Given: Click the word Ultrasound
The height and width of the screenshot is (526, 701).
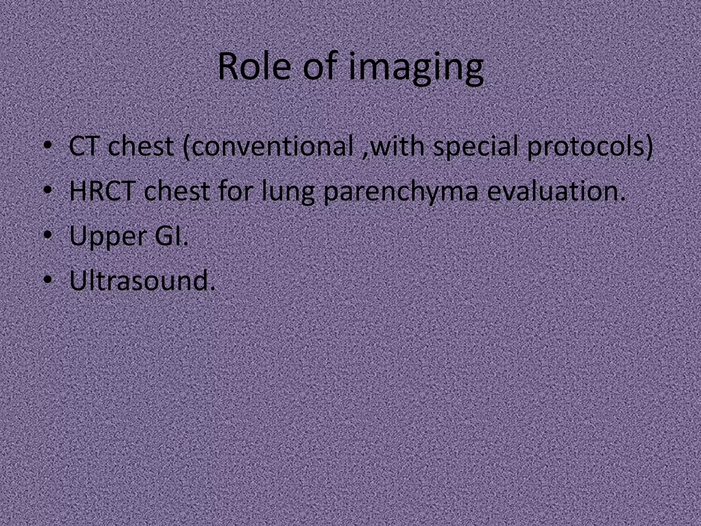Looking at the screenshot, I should [140, 281].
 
